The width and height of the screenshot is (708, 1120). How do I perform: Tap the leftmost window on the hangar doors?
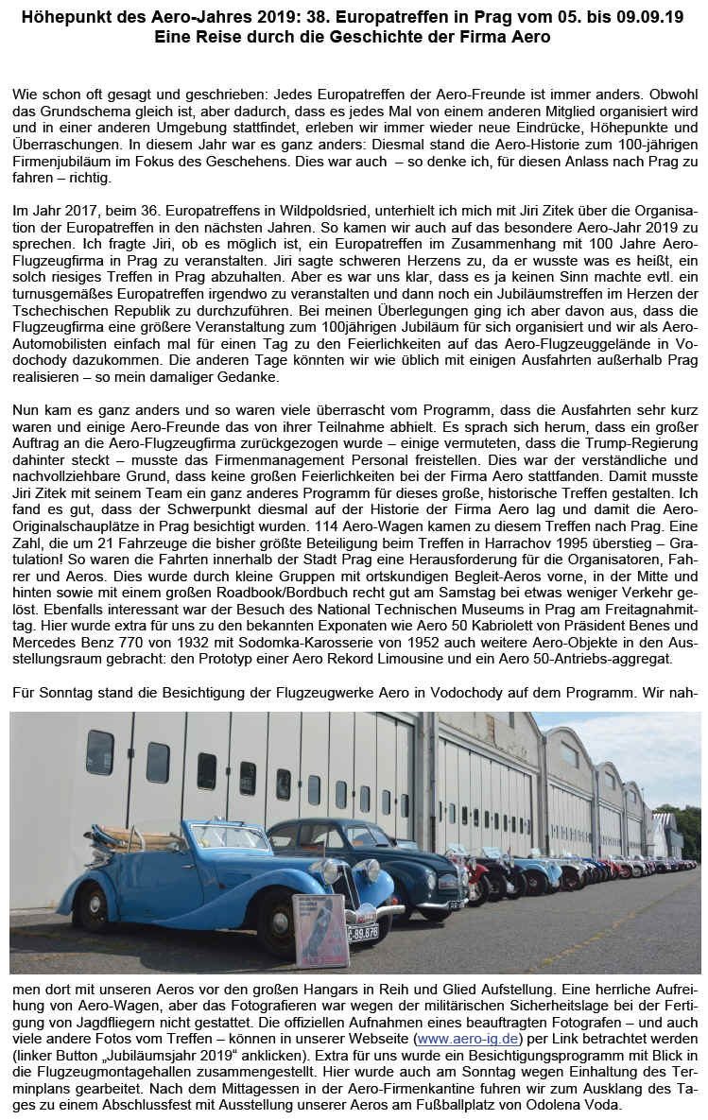point(99,752)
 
